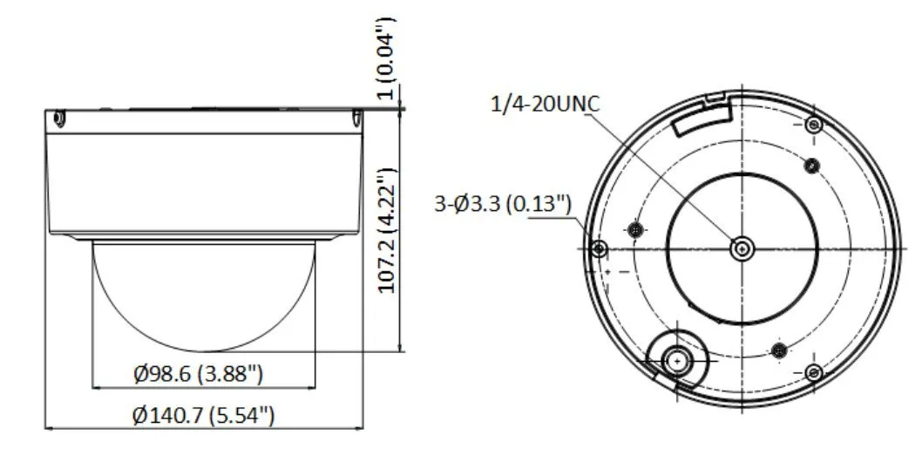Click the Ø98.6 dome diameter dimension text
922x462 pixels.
click(x=198, y=373)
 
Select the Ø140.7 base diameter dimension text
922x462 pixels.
click(x=203, y=416)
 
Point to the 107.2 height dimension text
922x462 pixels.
click(x=387, y=231)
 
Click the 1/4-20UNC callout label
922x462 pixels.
click(x=545, y=105)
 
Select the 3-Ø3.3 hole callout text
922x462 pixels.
click(x=503, y=204)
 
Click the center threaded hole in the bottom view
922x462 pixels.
click(x=742, y=249)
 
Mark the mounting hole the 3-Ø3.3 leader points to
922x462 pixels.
click(x=599, y=249)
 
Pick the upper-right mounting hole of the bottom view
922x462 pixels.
click(x=814, y=125)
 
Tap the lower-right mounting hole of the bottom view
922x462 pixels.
click(x=814, y=372)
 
